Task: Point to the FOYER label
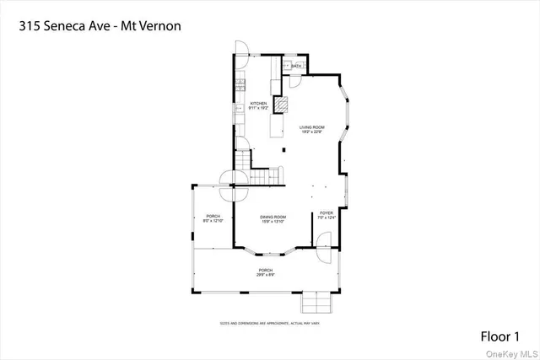[x=326, y=215]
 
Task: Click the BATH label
[x=296, y=66]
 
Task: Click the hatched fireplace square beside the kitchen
[x=284, y=104]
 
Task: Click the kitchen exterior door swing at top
[x=240, y=49]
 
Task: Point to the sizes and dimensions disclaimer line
[x=269, y=323]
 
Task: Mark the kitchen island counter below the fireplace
[x=276, y=126]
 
